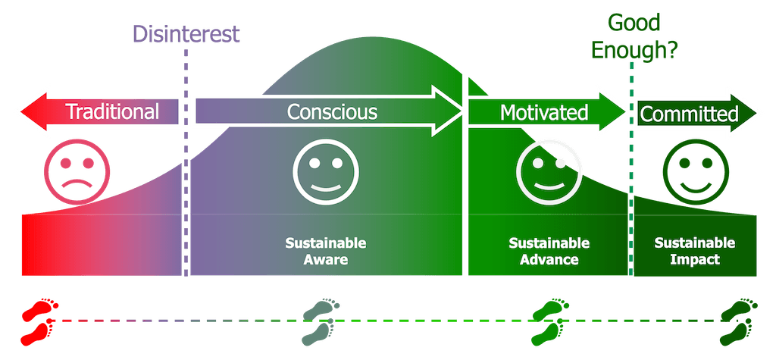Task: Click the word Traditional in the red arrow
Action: pyautogui.click(x=112, y=112)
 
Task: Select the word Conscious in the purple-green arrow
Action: pyautogui.click(x=332, y=112)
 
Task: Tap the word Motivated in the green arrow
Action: pyautogui.click(x=544, y=113)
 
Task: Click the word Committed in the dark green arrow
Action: pyautogui.click(x=689, y=114)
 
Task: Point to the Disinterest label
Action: pyautogui.click(x=186, y=34)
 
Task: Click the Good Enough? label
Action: pyautogui.click(x=635, y=36)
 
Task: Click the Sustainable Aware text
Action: pyautogui.click(x=326, y=252)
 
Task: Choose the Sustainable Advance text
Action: pyautogui.click(x=549, y=252)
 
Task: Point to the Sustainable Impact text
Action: pyautogui.click(x=695, y=252)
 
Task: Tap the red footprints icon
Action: pyautogui.click(x=38, y=321)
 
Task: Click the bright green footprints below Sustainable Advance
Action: pyautogui.click(x=548, y=321)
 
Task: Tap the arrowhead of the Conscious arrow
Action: pyautogui.click(x=459, y=112)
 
